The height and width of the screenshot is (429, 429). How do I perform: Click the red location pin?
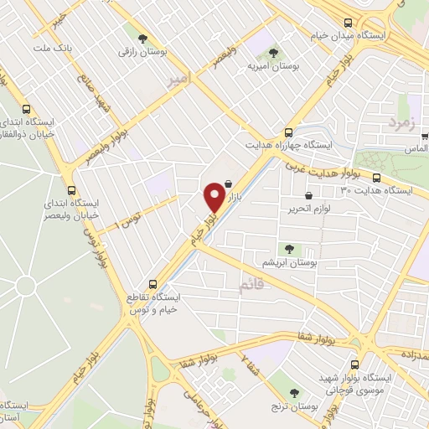pyautogui.click(x=214, y=196)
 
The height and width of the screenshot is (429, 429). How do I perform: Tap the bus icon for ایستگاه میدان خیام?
pyautogui.click(x=349, y=23)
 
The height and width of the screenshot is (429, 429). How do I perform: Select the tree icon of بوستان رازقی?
pyautogui.click(x=143, y=38)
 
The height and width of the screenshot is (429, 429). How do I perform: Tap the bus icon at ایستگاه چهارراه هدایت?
pyautogui.click(x=288, y=132)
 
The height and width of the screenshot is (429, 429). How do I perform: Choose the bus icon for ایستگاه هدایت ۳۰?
pyautogui.click(x=377, y=178)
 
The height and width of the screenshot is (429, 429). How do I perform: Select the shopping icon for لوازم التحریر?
pyautogui.click(x=309, y=195)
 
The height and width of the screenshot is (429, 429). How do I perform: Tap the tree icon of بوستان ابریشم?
pyautogui.click(x=289, y=248)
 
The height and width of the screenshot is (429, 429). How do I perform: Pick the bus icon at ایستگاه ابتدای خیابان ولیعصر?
pyautogui.click(x=71, y=189)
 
